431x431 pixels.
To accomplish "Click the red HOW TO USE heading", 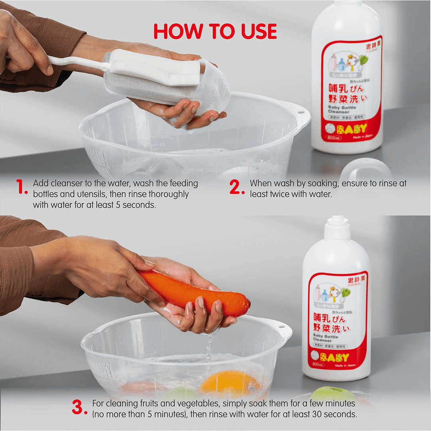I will [215, 32].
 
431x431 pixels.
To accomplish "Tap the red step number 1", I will [22, 188].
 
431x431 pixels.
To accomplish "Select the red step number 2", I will [237, 187].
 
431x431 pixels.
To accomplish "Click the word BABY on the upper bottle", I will [352, 129].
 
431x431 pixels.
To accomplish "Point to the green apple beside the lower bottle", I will [333, 393].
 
